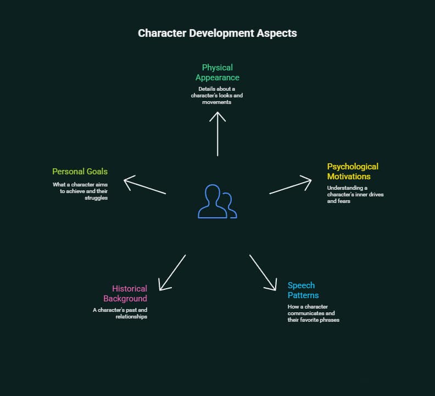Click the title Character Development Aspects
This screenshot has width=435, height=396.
point(217,33)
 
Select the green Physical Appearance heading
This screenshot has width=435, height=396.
point(217,72)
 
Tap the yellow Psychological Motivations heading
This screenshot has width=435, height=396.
point(353,171)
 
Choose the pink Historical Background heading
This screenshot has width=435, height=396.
point(125,293)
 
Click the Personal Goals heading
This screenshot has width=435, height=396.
point(80,172)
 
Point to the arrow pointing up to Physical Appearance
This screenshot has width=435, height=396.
point(217,133)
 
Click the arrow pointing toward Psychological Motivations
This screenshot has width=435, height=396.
point(290,186)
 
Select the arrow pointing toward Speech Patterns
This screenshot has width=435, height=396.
point(263,272)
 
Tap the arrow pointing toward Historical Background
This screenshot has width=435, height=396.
point(172,272)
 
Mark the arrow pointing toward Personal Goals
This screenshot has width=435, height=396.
point(145,186)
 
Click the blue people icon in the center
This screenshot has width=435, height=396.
point(217,201)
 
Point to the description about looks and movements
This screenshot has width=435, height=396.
point(217,95)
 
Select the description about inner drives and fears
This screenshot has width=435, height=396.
point(354,194)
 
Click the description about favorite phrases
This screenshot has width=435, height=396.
point(313,313)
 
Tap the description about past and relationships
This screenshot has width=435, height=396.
point(120,313)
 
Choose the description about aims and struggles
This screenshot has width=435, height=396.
point(80,191)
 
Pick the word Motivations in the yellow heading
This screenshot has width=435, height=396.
point(349,177)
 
